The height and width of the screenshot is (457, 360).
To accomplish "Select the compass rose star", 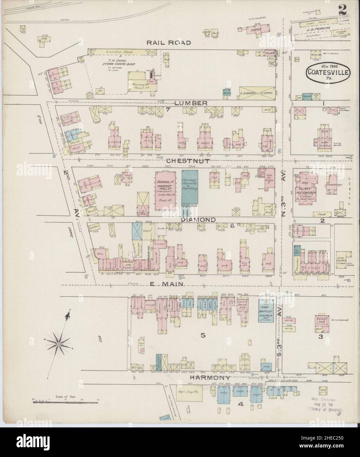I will pyautogui.click(x=58, y=344).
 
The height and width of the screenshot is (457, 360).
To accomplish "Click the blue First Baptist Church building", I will pyautogui.click(x=266, y=311).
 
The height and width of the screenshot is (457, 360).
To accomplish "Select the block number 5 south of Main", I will pyautogui.click(x=203, y=335).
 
